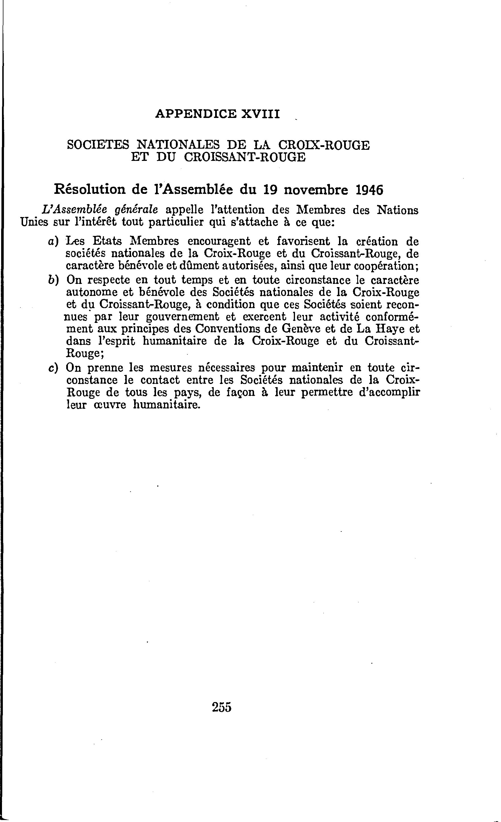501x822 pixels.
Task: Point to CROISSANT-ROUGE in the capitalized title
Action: tap(244, 157)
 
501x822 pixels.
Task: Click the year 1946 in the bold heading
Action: tap(369, 190)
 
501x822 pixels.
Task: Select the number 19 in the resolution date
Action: tap(271, 190)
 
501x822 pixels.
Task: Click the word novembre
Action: tap(315, 190)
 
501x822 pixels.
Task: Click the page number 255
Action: tap(221, 707)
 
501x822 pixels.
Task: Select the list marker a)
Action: tap(53, 241)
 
